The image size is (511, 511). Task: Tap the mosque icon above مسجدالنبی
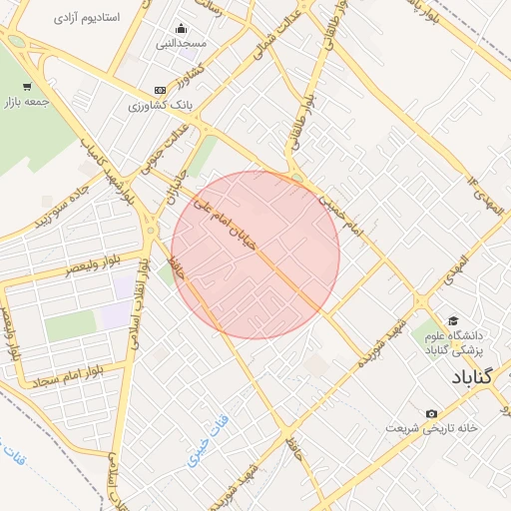[180, 28]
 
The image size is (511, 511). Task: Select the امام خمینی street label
[342, 216]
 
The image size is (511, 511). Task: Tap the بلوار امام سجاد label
[68, 377]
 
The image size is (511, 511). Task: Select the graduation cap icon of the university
[453, 321]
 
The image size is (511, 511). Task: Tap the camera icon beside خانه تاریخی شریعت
[431, 413]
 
